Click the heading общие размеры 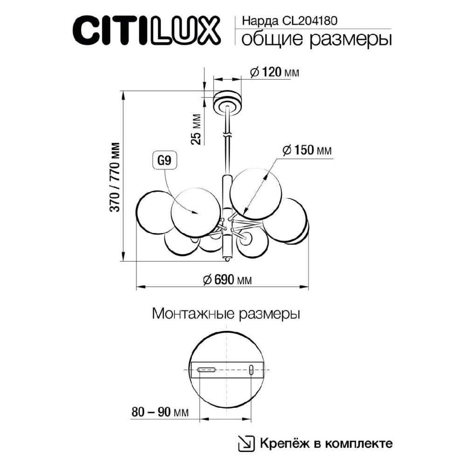click(x=316, y=40)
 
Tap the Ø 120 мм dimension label click(x=274, y=72)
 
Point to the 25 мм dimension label click(x=196, y=129)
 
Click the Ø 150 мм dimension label click(x=307, y=150)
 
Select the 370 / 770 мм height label click(x=115, y=177)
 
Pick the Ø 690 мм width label click(x=227, y=280)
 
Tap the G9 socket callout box click(x=164, y=161)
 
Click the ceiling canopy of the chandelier click(x=227, y=102)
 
